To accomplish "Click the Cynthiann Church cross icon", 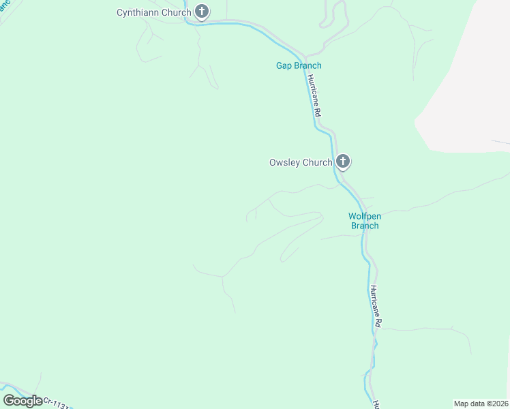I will (202, 12).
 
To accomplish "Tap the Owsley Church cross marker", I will (343, 162).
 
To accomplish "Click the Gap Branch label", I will (298, 65).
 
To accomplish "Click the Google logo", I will (22, 400).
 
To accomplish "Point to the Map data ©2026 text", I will (481, 404).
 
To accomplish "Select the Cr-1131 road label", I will (56, 403).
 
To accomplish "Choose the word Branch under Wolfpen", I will (365, 226).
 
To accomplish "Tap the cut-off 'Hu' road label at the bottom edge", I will (376, 404).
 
